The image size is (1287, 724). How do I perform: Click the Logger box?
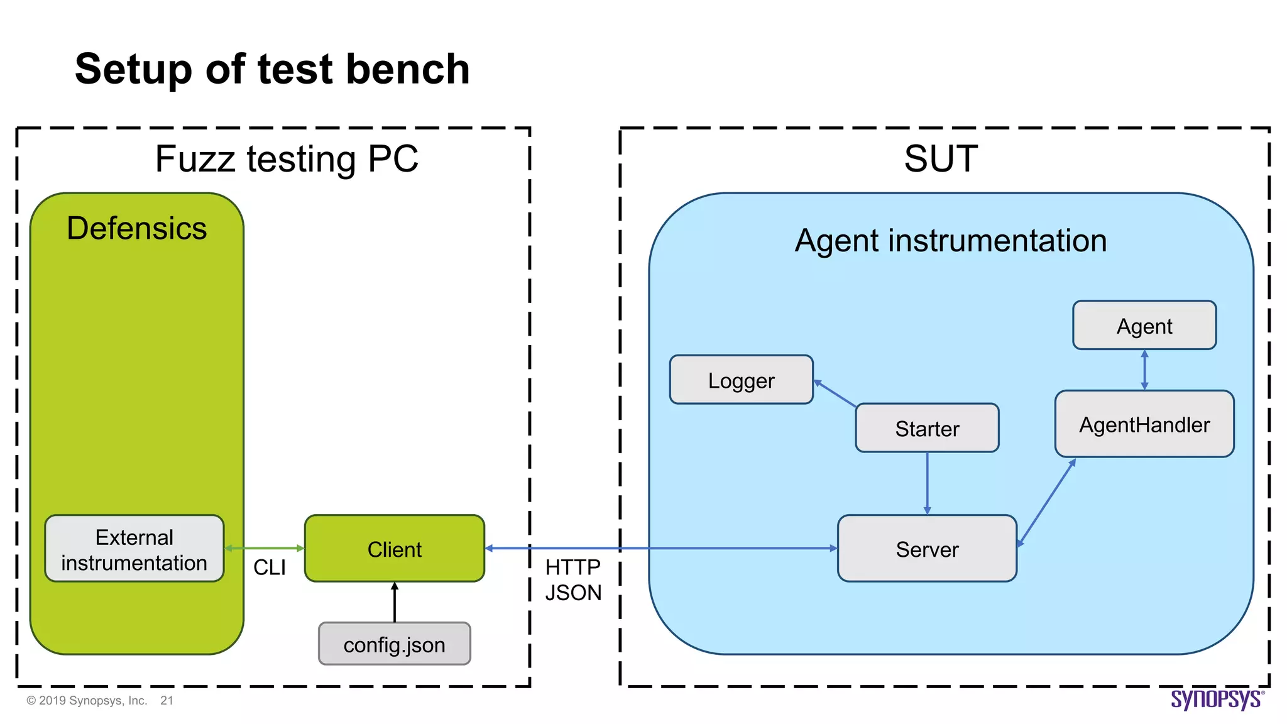[741, 380]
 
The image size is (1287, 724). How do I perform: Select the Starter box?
[927, 428]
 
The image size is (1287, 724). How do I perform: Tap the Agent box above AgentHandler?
[1144, 326]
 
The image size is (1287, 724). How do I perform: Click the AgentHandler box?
[1144, 424]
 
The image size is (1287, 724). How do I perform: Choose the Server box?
[927, 549]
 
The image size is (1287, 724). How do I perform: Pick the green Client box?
[394, 549]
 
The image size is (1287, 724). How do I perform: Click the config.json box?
[394, 644]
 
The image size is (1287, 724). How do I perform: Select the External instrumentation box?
[134, 549]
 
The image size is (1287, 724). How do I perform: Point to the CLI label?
[269, 568]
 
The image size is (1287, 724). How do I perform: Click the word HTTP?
[572, 567]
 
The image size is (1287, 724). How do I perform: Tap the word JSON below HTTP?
[572, 593]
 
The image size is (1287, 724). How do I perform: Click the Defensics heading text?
[136, 228]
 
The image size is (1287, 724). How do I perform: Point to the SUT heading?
[941, 158]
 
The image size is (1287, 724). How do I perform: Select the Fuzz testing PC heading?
[287, 158]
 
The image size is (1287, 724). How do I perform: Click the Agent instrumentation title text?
[950, 241]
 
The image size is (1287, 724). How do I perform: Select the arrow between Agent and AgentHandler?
[1144, 370]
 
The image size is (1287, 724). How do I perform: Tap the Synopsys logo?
[1216, 699]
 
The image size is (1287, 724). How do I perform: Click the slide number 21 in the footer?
[167, 701]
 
